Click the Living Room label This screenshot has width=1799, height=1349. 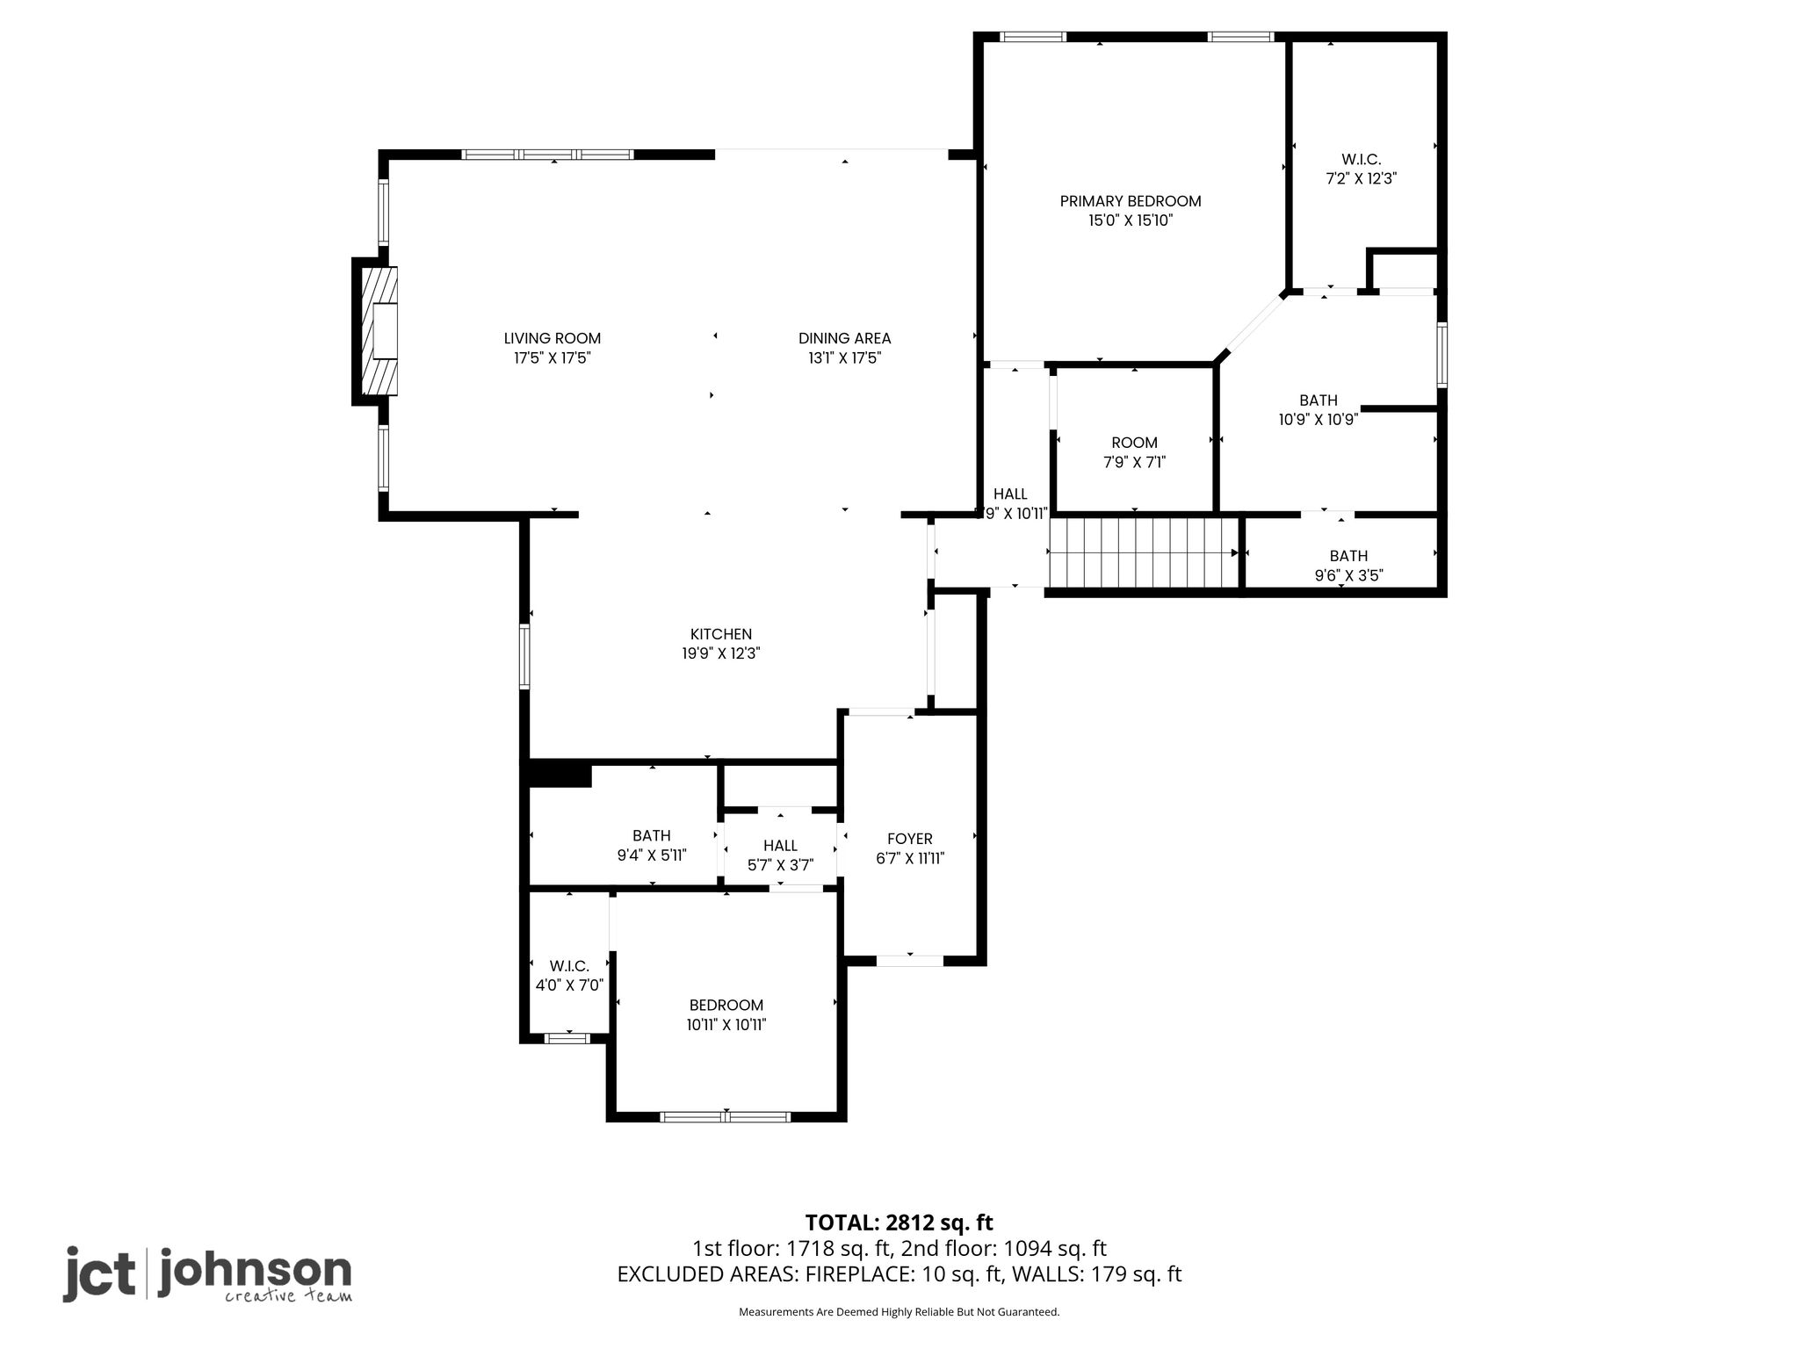tap(553, 338)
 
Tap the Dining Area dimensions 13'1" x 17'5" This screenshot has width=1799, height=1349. tap(844, 358)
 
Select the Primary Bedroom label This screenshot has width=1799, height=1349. tap(1131, 201)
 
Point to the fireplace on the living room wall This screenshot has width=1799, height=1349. tap(375, 331)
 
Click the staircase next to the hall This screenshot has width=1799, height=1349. tap(1145, 552)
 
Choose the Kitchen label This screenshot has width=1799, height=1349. tap(721, 634)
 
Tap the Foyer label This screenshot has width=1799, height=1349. tap(910, 839)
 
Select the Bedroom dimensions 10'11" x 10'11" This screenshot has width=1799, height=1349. tap(726, 1025)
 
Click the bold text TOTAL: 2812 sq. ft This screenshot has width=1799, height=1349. tap(899, 1223)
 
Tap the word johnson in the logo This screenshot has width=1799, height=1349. tap(255, 1271)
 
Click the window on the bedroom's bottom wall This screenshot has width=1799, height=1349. tap(726, 1116)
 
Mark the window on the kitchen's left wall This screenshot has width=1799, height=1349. tap(524, 655)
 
